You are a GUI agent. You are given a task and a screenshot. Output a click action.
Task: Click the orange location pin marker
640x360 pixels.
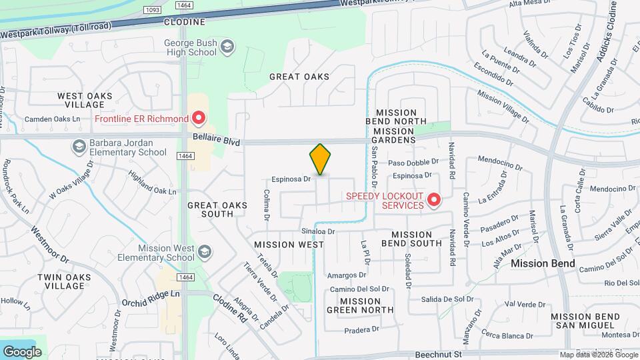tap(320, 161)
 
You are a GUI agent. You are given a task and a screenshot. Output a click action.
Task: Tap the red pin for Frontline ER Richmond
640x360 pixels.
tap(199, 119)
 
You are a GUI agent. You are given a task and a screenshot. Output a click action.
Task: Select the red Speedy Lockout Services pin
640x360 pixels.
tap(434, 199)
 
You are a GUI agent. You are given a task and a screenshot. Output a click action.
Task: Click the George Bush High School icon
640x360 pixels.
tap(228, 46)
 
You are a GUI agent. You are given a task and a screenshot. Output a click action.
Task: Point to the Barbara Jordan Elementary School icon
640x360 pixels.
tap(79, 147)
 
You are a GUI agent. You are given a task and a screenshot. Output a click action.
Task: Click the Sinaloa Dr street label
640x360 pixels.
tap(317, 231)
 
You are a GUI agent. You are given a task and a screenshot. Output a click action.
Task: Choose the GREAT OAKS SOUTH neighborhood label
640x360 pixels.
tap(210, 210)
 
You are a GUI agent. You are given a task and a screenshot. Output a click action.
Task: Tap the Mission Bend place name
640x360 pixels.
tap(543, 263)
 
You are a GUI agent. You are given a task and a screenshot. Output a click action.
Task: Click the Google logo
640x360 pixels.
tap(22, 351)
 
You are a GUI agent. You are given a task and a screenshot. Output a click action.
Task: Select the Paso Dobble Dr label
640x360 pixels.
tap(413, 161)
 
